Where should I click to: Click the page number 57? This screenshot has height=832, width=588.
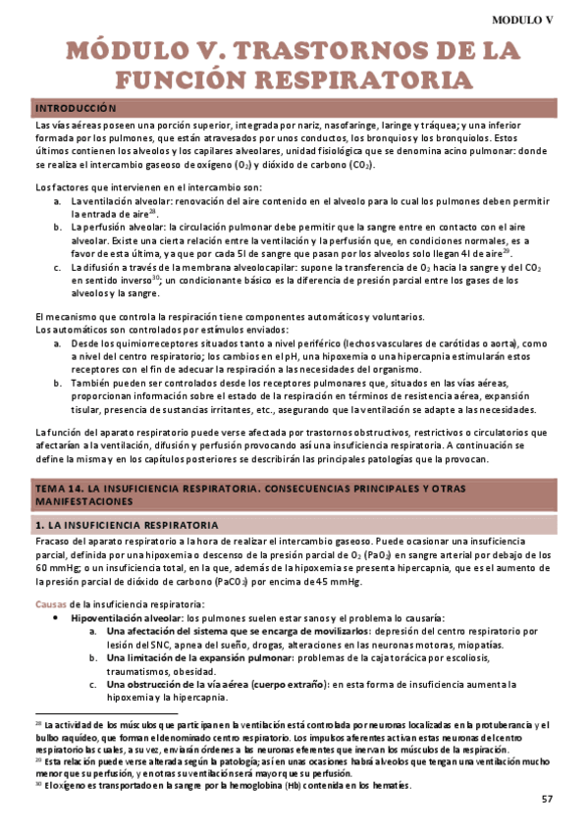click(547, 800)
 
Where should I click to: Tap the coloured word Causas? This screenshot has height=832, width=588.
click(51, 603)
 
